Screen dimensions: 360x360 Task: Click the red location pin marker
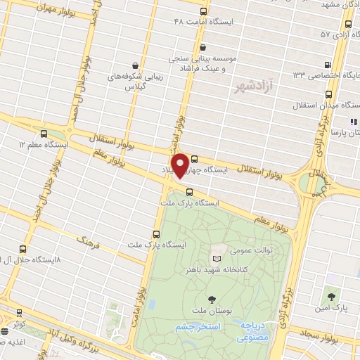pos(181,164)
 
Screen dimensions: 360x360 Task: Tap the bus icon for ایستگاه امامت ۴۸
pos(203,11)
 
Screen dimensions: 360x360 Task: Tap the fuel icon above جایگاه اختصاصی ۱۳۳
pos(329,62)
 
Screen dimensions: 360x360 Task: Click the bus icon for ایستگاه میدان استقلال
pos(329,94)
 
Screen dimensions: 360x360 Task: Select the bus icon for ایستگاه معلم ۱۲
pos(45,133)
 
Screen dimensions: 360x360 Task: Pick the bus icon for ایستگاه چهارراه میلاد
pos(194,160)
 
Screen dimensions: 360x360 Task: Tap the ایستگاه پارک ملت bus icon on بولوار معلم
pos(188,191)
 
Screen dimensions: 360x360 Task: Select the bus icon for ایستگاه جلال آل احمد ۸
pos(24,248)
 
